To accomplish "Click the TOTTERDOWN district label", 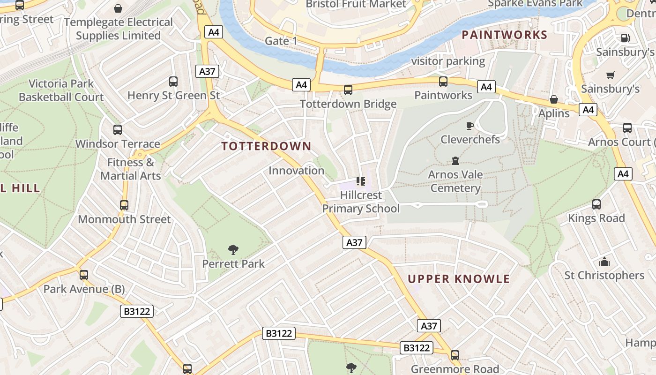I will click(266, 146).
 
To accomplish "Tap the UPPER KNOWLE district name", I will click(458, 279).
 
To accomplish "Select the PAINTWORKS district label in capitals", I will click(504, 35).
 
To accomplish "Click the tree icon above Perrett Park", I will click(233, 250).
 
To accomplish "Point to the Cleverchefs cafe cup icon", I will click(470, 126).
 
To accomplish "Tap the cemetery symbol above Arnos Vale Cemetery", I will click(455, 161).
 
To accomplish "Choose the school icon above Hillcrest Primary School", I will click(360, 181).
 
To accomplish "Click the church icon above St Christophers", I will click(604, 261).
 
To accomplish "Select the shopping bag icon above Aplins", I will click(553, 99).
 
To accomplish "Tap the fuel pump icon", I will click(625, 38).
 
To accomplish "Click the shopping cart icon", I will click(610, 75).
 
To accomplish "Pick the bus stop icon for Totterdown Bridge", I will click(348, 90).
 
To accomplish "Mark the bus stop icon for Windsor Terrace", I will click(117, 130).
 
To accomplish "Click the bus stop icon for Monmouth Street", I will click(124, 205).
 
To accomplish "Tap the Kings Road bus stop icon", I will click(596, 204).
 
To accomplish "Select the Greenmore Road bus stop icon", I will click(455, 355).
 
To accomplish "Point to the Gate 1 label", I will click(281, 41).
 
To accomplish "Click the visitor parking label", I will click(447, 61).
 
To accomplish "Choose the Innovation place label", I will click(296, 171).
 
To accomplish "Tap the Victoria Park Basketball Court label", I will click(61, 90).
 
